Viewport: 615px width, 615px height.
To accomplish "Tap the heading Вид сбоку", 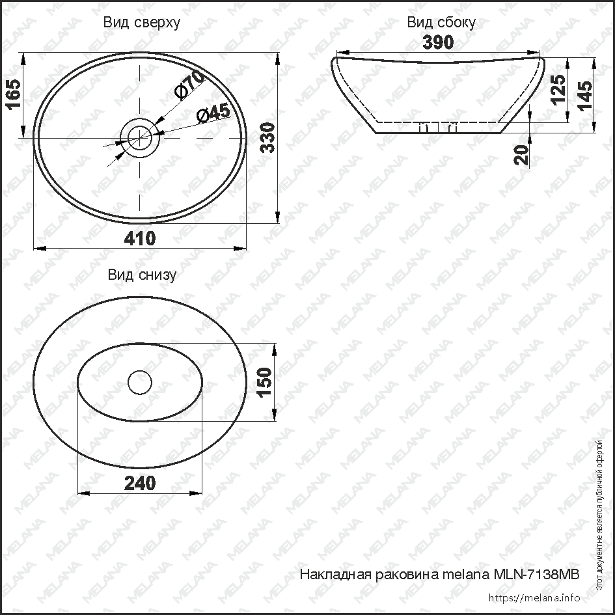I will pyautogui.click(x=441, y=23).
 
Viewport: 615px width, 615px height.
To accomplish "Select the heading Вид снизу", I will pyautogui.click(x=142, y=275).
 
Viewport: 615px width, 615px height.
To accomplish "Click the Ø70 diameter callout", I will pyautogui.click(x=189, y=85).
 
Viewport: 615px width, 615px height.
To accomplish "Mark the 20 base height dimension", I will pyautogui.click(x=521, y=154).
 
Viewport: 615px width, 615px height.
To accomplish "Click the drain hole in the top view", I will pyautogui.click(x=139, y=137).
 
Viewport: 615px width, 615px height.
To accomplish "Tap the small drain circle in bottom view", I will pyautogui.click(x=139, y=382).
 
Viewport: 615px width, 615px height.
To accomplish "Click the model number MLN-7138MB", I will pyautogui.click(x=536, y=575).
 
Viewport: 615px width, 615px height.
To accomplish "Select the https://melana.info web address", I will pyautogui.click(x=533, y=597).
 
